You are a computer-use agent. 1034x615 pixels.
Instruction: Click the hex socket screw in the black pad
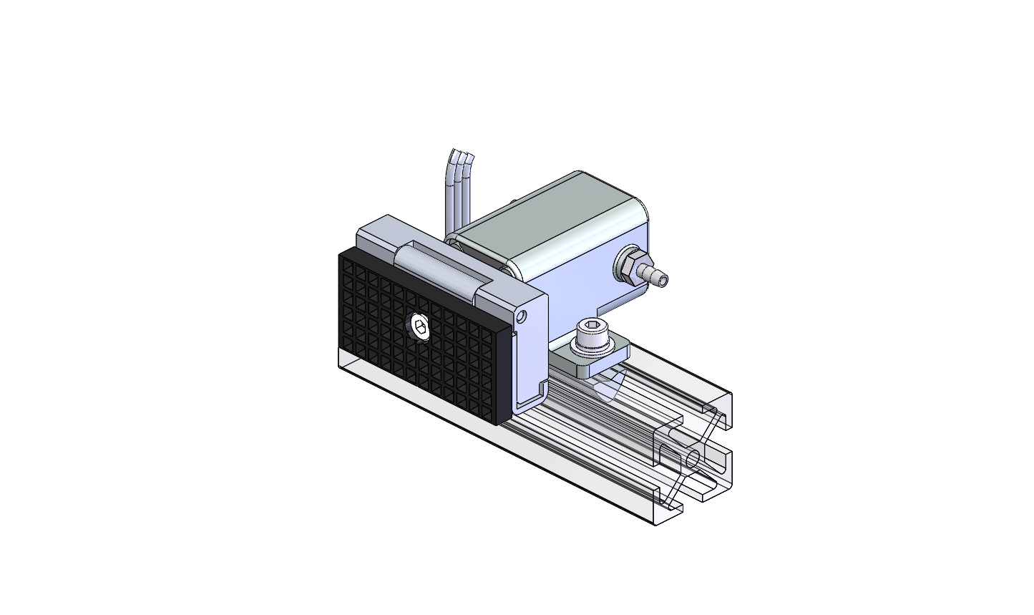click(x=420, y=329)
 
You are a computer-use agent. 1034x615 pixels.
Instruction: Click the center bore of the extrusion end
click(x=692, y=459)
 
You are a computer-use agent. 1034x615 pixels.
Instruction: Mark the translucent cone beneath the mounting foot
click(x=607, y=389)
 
